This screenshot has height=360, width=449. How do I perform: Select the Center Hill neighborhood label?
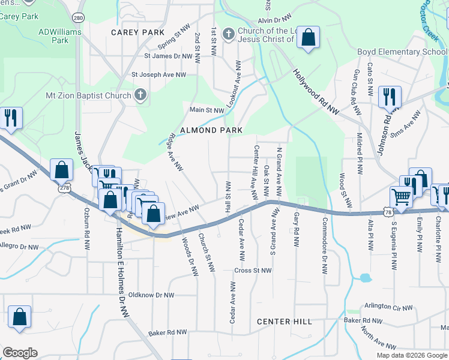coord(284,322)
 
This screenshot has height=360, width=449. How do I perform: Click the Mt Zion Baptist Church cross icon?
coord(140,95)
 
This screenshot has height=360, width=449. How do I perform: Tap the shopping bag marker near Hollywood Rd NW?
coord(308,38)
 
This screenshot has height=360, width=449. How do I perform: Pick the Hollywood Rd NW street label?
coord(316,91)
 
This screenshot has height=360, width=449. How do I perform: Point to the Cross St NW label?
coord(254,271)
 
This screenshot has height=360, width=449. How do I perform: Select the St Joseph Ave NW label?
coord(159,75)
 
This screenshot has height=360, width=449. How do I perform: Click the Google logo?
coord(20,353)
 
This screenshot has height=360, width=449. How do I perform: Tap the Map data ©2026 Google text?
coord(412,355)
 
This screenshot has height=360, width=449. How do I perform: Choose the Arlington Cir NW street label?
coord(388,307)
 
